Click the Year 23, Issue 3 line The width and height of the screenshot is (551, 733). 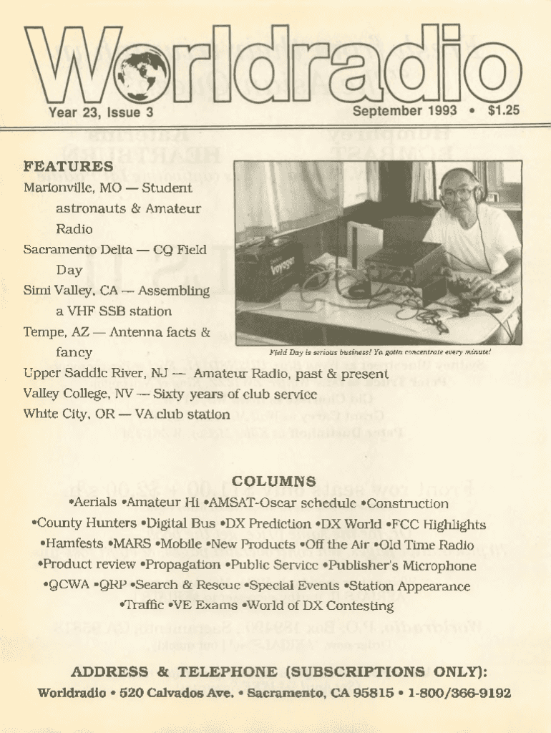pyautogui.click(x=101, y=112)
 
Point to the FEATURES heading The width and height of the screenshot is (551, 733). pyautogui.click(x=68, y=167)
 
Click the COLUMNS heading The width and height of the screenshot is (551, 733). pyautogui.click(x=274, y=482)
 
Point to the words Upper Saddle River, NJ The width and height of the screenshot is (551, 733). pyautogui.click(x=95, y=374)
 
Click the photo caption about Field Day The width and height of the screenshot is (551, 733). pyautogui.click(x=379, y=352)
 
